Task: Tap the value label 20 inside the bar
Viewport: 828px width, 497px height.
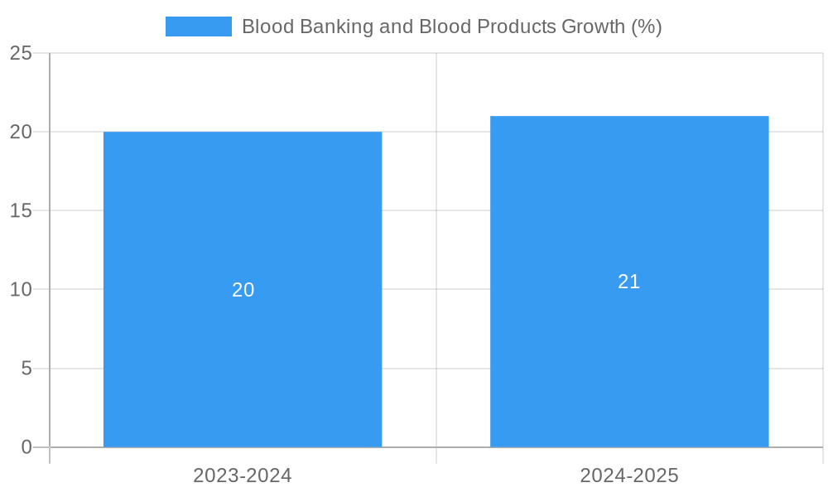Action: click(x=243, y=290)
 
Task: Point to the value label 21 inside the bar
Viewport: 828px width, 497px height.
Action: click(x=629, y=282)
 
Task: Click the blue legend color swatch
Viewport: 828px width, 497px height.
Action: click(x=199, y=27)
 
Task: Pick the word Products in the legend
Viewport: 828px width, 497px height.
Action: click(x=516, y=27)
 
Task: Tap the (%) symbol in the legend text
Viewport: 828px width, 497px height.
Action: click(x=646, y=27)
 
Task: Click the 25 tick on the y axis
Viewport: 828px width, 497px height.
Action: click(x=21, y=53)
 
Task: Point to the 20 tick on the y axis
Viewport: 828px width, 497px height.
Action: click(x=21, y=132)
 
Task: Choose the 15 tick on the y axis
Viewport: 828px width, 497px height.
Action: click(x=21, y=210)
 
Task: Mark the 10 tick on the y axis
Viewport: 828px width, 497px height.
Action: click(x=21, y=289)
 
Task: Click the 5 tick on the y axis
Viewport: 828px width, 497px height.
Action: click(x=26, y=368)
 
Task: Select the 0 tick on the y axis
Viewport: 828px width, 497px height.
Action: click(x=26, y=447)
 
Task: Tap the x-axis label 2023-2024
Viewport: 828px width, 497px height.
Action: click(x=243, y=475)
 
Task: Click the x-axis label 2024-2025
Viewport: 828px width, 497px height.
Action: click(x=629, y=475)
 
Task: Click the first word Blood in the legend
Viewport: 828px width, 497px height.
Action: click(x=267, y=27)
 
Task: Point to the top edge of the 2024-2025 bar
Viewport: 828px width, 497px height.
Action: click(x=629, y=117)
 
